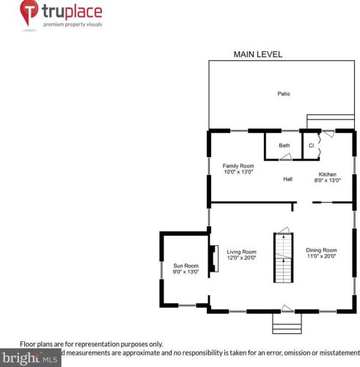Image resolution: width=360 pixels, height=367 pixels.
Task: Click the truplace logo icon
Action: tap(29, 15)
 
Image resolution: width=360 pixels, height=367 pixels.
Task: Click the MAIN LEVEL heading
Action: tap(257, 54)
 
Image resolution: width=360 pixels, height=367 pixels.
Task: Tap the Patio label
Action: tap(283, 94)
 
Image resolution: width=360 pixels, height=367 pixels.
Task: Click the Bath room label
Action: tap(284, 145)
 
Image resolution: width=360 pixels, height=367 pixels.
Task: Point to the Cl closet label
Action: tap(311, 145)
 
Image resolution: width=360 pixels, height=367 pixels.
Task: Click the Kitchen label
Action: tap(327, 174)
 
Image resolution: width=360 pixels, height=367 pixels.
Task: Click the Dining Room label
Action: tap(321, 250)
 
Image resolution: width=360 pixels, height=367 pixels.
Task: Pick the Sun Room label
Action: tap(185, 266)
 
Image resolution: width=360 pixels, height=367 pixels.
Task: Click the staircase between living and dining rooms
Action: tap(283, 258)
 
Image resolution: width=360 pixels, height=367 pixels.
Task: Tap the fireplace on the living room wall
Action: tap(213, 258)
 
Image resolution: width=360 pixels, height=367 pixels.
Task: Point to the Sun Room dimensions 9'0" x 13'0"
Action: tap(185, 272)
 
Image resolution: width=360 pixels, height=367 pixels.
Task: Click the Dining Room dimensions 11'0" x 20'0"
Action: tap(321, 257)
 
